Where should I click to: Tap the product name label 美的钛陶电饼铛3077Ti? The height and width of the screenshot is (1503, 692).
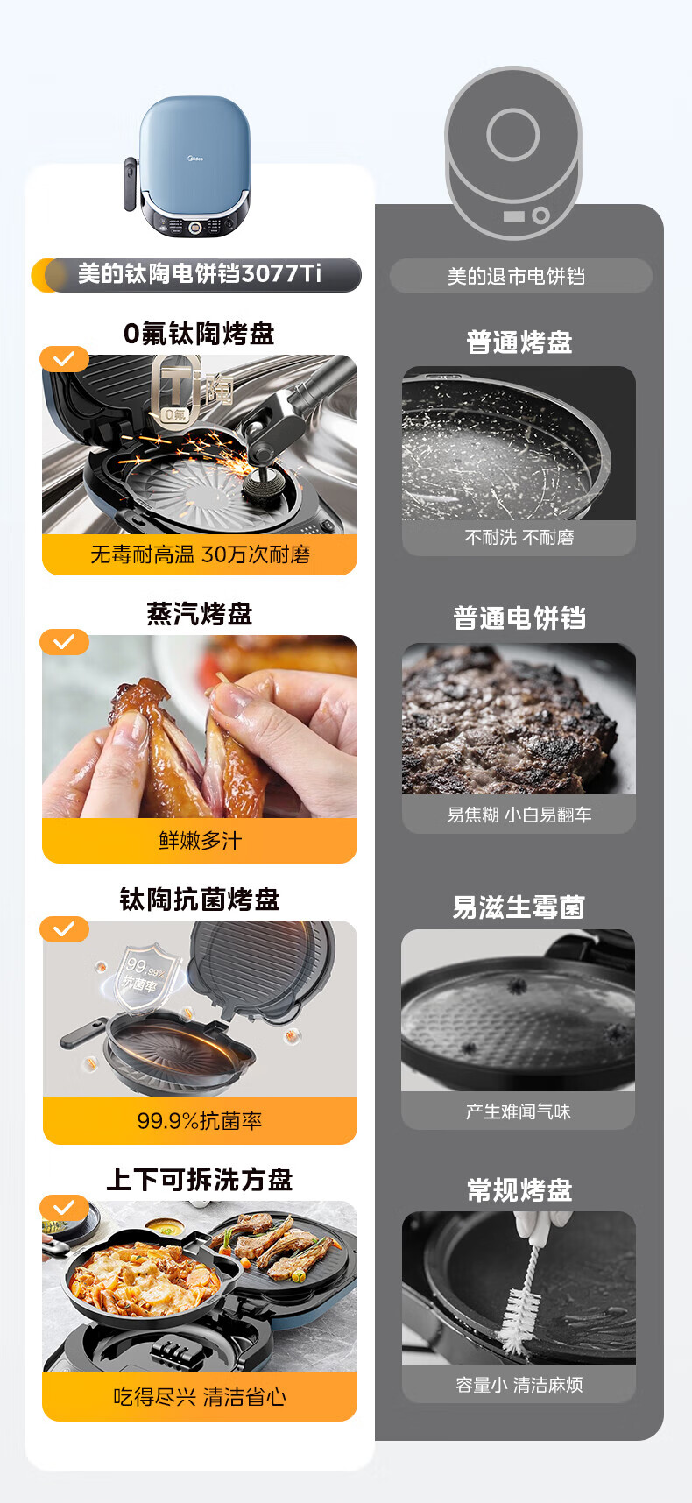(x=200, y=274)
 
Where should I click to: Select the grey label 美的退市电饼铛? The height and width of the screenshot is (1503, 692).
(x=516, y=277)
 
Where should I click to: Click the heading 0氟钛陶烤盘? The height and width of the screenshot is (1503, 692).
(x=199, y=334)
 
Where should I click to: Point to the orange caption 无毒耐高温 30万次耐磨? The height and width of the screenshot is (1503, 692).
(x=200, y=554)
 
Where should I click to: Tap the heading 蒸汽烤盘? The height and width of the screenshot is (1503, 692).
(x=200, y=614)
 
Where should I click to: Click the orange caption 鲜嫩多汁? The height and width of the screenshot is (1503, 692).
(x=200, y=841)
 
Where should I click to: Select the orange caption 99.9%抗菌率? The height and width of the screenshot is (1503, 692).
(x=200, y=1121)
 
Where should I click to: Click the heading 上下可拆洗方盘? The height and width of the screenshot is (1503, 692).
(x=200, y=1180)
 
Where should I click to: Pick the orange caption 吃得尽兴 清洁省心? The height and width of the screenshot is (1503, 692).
(x=200, y=1397)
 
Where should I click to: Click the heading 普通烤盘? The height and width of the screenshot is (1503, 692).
(x=519, y=342)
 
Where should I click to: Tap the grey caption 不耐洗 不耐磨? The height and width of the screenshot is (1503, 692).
(x=519, y=538)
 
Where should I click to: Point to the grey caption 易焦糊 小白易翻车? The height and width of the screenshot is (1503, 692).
(x=519, y=815)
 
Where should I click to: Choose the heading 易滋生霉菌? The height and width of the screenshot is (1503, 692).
(x=519, y=907)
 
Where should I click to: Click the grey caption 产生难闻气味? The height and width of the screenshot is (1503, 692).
(x=519, y=1112)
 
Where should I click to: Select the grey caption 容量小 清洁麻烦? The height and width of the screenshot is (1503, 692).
(x=519, y=1385)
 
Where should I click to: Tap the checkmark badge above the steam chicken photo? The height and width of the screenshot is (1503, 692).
(x=64, y=642)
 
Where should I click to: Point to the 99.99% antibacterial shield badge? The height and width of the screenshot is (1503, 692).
(x=145, y=974)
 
